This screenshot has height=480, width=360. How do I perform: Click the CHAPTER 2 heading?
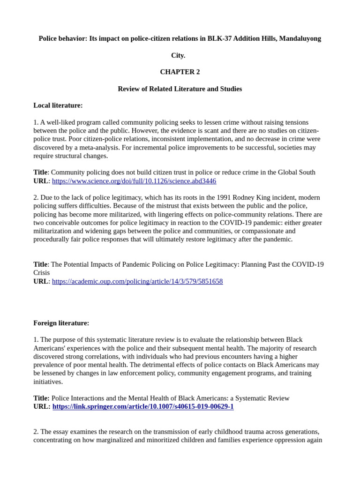(180, 72)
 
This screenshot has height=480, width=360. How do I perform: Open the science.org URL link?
(134, 181)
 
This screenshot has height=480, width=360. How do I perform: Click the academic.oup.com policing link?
(137, 281)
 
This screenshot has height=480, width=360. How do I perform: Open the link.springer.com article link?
(143, 406)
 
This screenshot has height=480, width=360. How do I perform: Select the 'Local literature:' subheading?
(58, 105)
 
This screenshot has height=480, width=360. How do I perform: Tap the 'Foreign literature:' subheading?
(61, 323)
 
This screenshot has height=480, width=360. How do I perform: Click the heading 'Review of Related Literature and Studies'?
(180, 89)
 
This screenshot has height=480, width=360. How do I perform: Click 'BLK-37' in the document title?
(219, 38)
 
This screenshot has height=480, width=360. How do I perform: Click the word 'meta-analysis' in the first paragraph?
(111, 147)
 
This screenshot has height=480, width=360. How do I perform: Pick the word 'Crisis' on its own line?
(42, 272)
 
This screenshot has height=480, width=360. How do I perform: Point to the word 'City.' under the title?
(178, 55)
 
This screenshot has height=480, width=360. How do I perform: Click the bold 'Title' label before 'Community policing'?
(40, 172)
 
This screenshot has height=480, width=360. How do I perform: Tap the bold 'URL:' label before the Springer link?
(42, 406)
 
